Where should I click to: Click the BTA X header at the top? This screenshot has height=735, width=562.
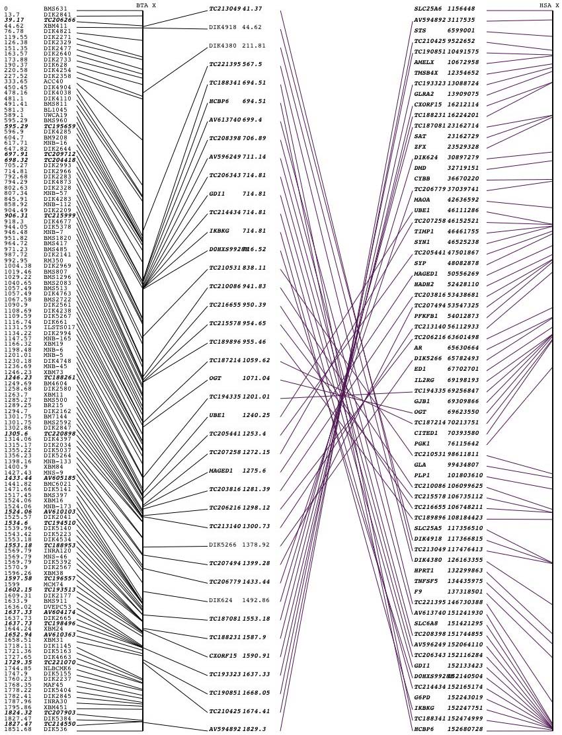point(146,5)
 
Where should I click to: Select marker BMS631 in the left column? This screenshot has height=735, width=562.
point(56,9)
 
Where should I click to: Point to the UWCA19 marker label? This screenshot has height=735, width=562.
point(56,115)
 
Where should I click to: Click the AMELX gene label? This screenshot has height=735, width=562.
point(423,62)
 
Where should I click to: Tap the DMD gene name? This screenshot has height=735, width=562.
point(419,168)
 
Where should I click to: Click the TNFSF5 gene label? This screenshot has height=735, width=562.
point(425,581)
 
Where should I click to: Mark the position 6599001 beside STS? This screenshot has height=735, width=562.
point(461,30)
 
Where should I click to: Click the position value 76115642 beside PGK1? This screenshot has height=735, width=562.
point(463,444)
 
